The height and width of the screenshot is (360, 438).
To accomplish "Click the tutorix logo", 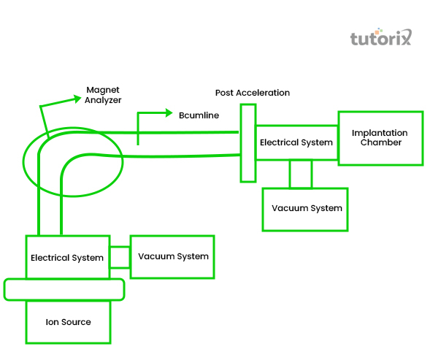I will pos(381,37).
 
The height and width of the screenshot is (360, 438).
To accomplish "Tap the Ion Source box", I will pos(68,322).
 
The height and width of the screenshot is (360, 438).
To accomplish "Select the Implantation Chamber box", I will pos(380,137).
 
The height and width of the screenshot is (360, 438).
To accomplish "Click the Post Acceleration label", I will pos(253,93).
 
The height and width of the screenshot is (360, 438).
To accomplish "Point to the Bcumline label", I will pos(199,115).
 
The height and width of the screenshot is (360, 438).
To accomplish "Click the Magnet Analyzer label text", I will pos(103,95).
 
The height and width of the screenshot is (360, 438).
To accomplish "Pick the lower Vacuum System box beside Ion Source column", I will pos(173,256).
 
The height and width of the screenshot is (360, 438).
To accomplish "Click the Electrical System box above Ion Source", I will pos(67,258).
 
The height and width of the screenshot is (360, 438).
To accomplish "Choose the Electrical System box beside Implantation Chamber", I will pos(296,142).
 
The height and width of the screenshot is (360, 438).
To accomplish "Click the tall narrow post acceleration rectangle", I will pos(247,142).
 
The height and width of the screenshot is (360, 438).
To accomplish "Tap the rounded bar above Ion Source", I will pos(64,289).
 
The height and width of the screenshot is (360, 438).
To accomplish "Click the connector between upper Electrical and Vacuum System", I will pos(300,174).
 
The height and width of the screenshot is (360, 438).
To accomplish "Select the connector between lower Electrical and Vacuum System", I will pos(120,257).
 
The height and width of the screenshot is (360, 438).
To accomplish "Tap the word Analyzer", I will pos(103,100).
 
